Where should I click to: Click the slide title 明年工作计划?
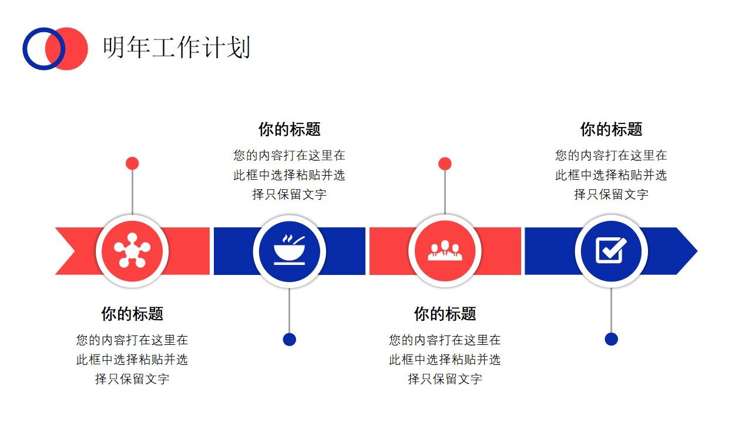pyautogui.click(x=176, y=48)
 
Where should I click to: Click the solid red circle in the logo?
pyautogui.click(x=76, y=49)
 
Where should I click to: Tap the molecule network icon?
pyautogui.click(x=132, y=251)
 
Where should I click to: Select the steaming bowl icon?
pyautogui.click(x=289, y=251)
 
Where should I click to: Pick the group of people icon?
pyautogui.click(x=445, y=251)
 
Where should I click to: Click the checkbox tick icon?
pyautogui.click(x=611, y=251)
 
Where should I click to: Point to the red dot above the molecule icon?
pyautogui.click(x=132, y=163)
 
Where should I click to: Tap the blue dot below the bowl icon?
pyautogui.click(x=289, y=340)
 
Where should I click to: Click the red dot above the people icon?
pyautogui.click(x=445, y=163)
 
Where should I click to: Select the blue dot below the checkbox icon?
pyautogui.click(x=611, y=339)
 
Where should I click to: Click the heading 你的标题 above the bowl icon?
pyautogui.click(x=289, y=129)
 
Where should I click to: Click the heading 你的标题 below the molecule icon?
pyautogui.click(x=132, y=314)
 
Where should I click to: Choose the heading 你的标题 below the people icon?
pyautogui.click(x=445, y=314)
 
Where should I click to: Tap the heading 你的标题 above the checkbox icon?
pyautogui.click(x=611, y=129)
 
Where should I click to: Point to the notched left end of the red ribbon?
pyautogui.click(x=65, y=251)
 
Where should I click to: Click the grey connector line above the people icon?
pyautogui.click(x=445, y=191)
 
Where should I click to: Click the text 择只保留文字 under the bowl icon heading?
pyautogui.click(x=289, y=194)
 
